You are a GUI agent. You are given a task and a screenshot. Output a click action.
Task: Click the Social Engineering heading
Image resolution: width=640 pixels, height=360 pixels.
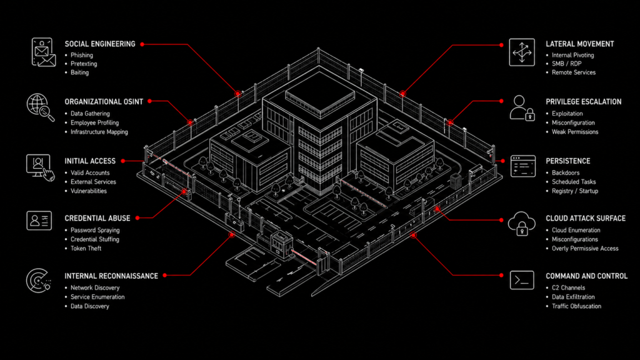click(x=99, y=44)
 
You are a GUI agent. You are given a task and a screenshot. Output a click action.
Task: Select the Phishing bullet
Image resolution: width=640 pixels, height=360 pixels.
click(x=82, y=55)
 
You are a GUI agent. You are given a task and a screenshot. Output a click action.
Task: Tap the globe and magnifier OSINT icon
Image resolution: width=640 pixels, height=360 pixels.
click(x=41, y=107)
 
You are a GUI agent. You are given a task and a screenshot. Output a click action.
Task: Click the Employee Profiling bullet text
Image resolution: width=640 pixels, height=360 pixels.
click(x=95, y=123)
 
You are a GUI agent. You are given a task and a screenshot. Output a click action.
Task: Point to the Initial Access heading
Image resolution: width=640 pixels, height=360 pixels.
click(x=90, y=161)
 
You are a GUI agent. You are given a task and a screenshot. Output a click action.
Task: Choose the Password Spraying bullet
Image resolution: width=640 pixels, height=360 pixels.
click(x=95, y=230)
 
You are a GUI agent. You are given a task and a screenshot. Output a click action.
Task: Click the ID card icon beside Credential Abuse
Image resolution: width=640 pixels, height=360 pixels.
click(x=39, y=221)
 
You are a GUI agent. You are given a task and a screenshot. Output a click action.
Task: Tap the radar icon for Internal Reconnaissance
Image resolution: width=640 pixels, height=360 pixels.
click(x=38, y=281)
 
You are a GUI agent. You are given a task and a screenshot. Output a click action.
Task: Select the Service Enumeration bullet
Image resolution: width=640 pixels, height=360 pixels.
click(x=97, y=297)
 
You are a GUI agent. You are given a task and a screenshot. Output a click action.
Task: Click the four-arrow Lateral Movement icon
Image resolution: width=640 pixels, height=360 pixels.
click(x=522, y=52)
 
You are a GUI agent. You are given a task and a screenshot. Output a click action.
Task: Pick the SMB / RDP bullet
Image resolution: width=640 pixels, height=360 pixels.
click(x=566, y=64)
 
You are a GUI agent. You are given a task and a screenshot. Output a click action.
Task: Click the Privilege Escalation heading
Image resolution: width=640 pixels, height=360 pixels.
click(x=584, y=102)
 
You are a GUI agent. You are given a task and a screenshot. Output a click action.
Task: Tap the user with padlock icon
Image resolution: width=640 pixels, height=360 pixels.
click(x=522, y=108)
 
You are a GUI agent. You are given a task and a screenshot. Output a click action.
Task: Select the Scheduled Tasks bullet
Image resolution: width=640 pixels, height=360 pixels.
click(x=574, y=182)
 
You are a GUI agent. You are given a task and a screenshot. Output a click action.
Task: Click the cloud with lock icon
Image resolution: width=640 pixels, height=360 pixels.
click(x=522, y=224)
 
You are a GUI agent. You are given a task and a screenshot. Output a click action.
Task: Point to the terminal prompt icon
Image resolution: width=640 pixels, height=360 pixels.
click(x=522, y=281)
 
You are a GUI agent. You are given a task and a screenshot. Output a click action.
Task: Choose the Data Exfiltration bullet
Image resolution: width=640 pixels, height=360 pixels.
click(x=573, y=297)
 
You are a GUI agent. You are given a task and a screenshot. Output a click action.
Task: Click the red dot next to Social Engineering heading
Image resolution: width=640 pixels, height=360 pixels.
click(x=142, y=44)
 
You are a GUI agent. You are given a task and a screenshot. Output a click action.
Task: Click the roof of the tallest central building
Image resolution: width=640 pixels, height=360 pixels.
click(x=320, y=95)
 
